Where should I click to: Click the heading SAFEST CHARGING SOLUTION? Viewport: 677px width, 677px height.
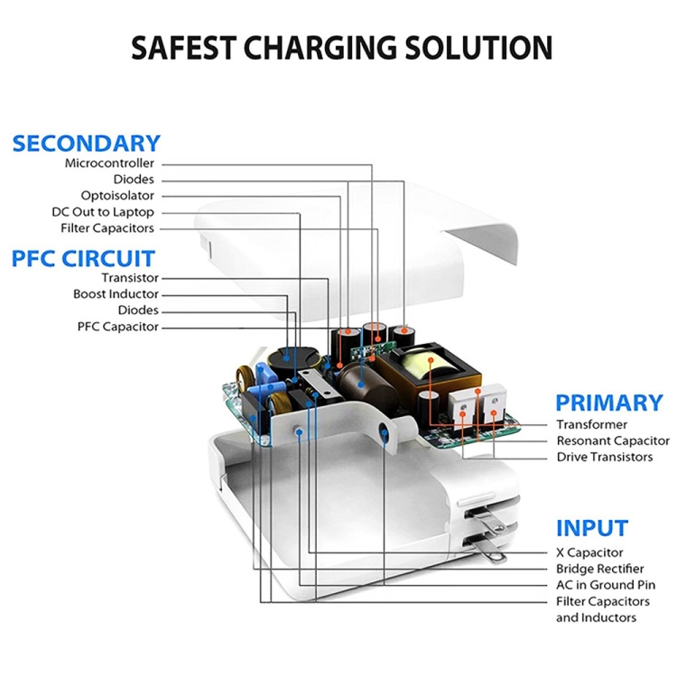[341, 47]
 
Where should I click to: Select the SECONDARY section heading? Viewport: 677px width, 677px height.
[87, 143]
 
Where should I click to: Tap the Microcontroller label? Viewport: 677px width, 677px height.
[109, 163]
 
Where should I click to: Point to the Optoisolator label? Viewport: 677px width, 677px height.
[117, 196]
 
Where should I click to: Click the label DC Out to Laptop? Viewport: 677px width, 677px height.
[103, 212]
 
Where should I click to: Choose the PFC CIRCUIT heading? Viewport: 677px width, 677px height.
[83, 258]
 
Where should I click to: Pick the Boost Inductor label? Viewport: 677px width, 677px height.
[116, 294]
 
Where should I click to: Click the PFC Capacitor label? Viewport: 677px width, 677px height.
[118, 327]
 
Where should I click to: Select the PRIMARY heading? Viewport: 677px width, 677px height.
[608, 403]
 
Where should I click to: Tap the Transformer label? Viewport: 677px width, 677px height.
[591, 424]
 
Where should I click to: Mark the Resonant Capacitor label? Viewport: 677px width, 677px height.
[613, 441]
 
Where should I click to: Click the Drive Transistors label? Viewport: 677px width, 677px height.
[604, 457]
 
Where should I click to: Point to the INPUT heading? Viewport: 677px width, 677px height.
[591, 528]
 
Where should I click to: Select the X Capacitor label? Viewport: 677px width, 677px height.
[589, 552]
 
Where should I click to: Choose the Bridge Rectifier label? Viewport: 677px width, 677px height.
[599, 569]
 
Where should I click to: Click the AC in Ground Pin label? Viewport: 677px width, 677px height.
[605, 585]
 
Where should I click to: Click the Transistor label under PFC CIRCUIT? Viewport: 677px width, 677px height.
[130, 278]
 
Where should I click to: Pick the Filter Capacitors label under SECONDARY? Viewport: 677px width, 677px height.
[107, 228]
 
